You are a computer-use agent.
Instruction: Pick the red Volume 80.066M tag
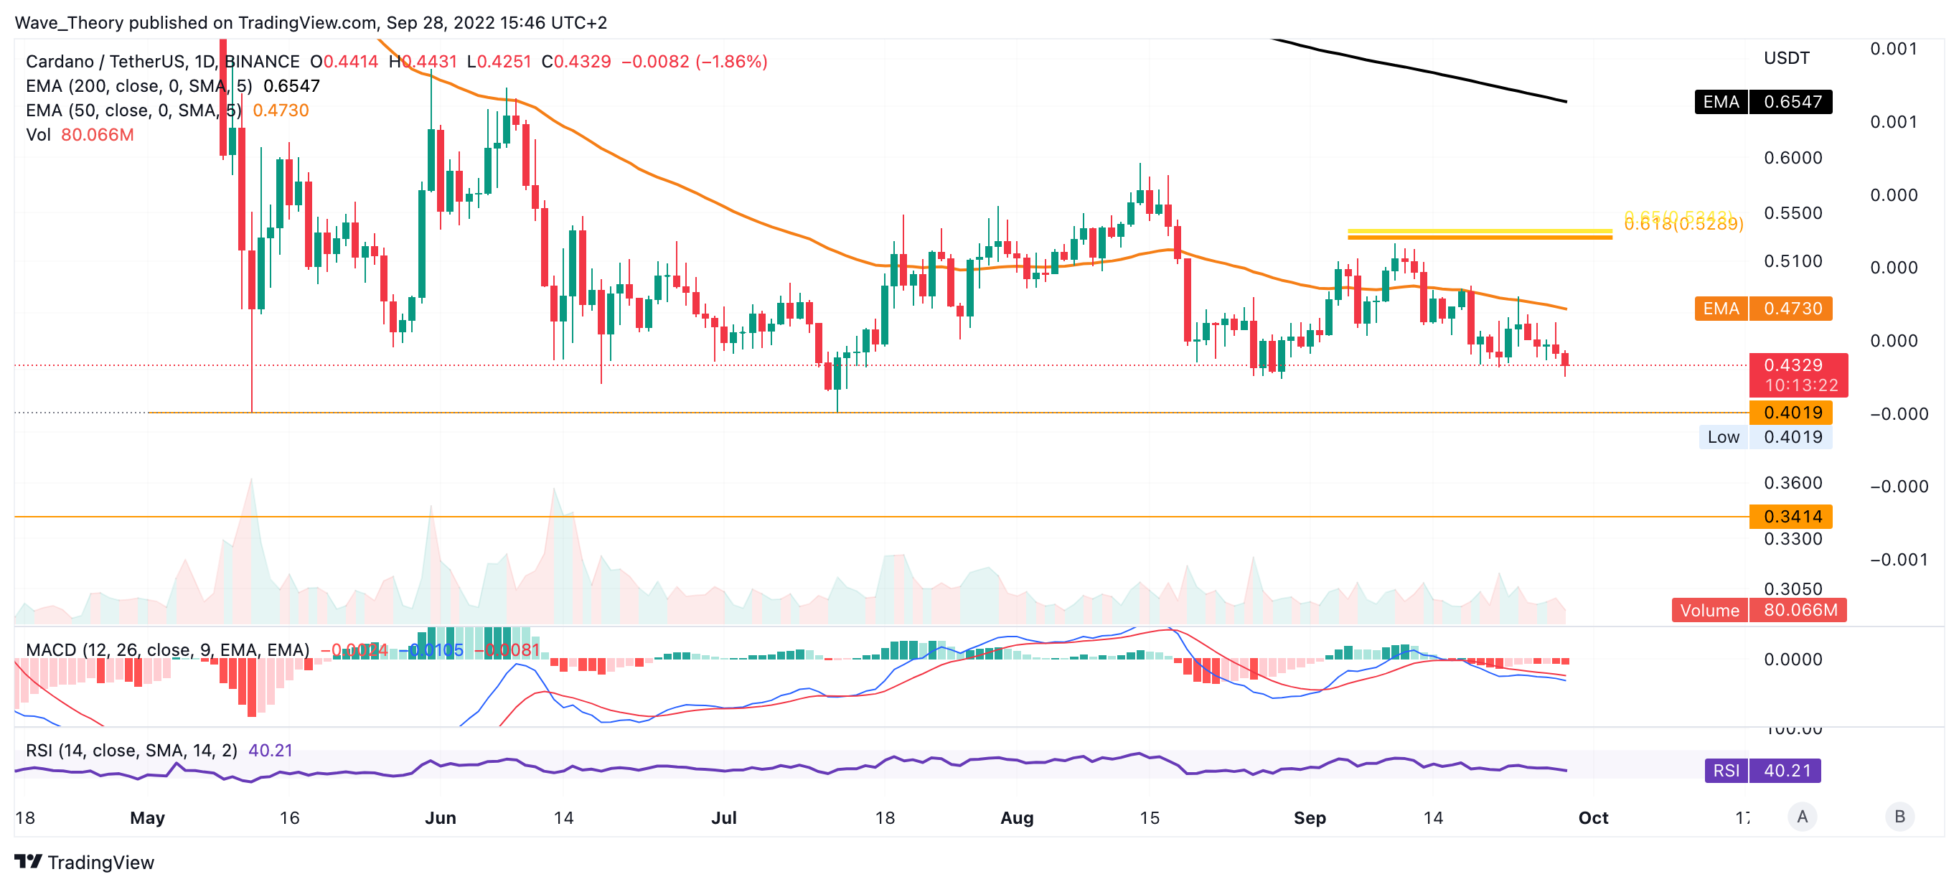[x=1758, y=610]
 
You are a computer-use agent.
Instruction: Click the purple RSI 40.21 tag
[x=1762, y=771]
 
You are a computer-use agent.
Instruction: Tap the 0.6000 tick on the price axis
[x=1793, y=157]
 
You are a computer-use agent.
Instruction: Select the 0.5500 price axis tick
[x=1793, y=213]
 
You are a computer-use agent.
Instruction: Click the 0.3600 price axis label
[x=1793, y=483]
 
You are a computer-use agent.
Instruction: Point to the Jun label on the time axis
[x=441, y=818]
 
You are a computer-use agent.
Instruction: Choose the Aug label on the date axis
[x=1017, y=818]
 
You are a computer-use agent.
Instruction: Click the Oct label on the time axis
[x=1593, y=818]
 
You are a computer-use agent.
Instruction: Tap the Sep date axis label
[x=1310, y=818]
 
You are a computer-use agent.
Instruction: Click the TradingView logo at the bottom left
[x=85, y=862]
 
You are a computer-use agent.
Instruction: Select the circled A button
[x=1802, y=817]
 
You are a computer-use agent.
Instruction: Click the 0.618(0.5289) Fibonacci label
[x=1683, y=225]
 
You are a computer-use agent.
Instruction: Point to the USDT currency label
[x=1786, y=58]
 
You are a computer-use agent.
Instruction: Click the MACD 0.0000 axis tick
[x=1793, y=660]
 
